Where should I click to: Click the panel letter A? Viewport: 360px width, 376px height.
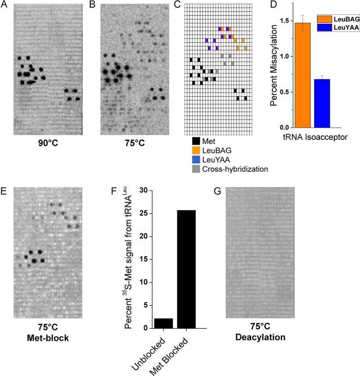4,5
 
